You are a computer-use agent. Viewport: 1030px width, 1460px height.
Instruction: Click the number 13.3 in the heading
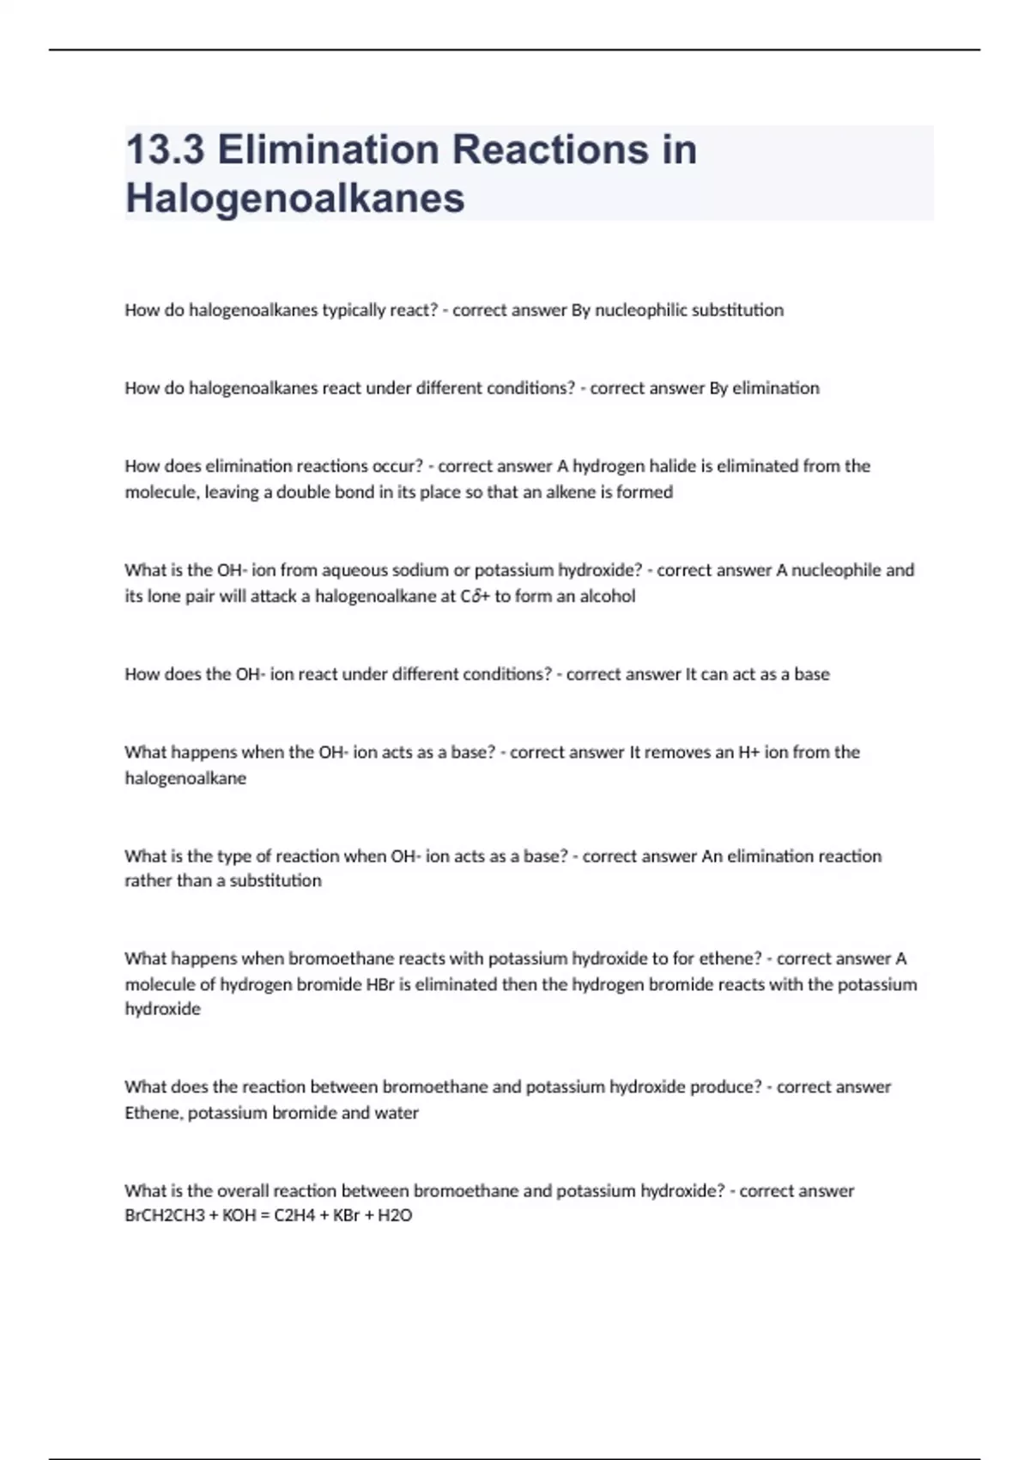pyautogui.click(x=165, y=149)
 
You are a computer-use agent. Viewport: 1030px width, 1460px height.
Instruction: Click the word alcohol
pyautogui.click(x=607, y=596)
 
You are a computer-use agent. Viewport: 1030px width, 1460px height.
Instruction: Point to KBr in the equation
pyautogui.click(x=345, y=1215)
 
